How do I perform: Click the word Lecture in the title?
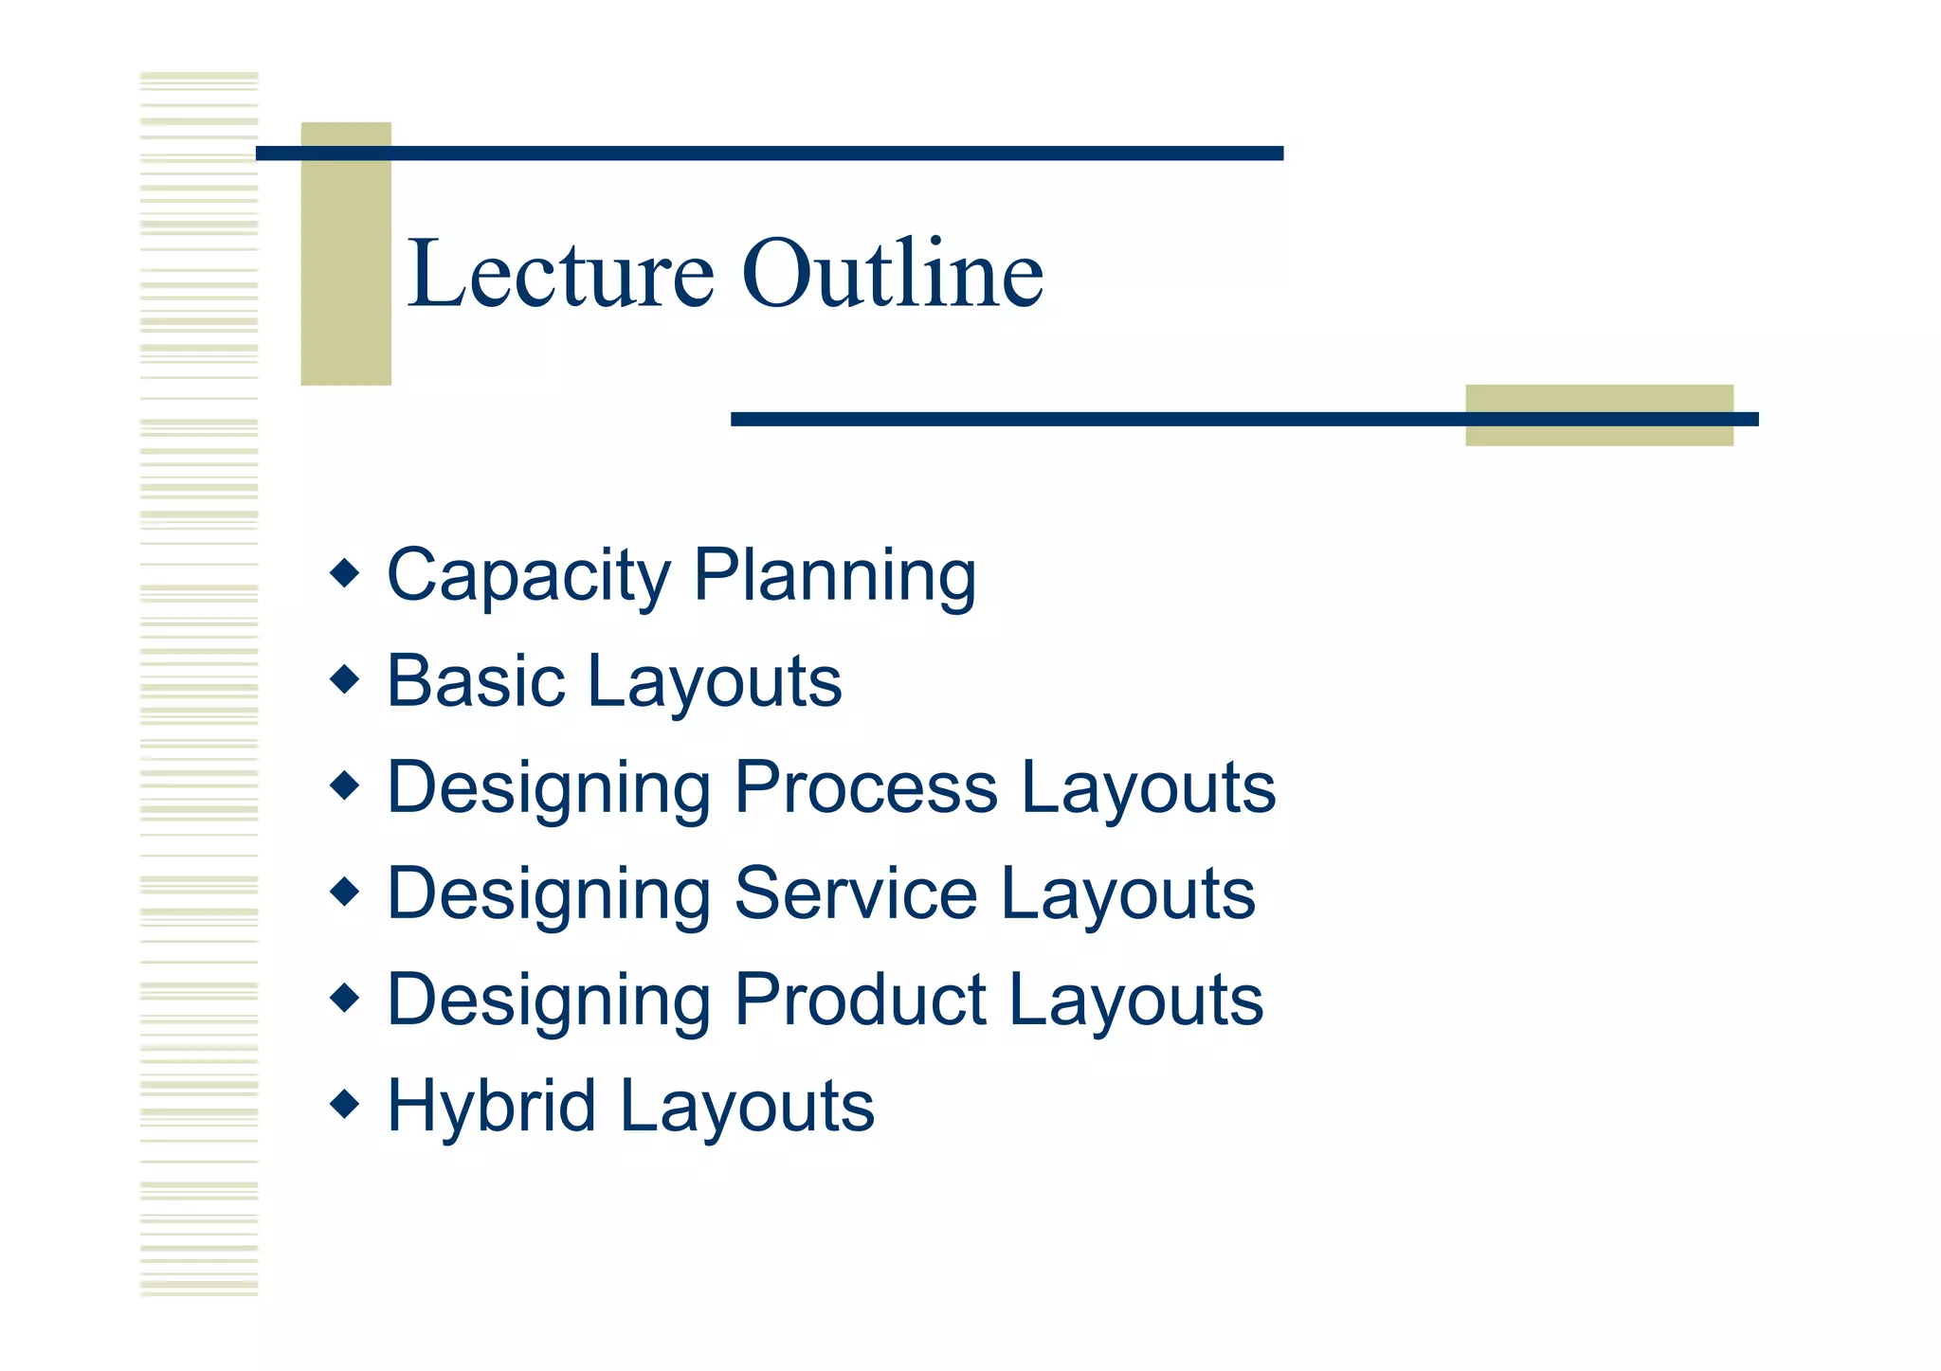[560, 275]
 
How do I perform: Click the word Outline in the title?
[892, 275]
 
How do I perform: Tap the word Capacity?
[529, 575]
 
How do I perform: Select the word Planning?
[835, 575]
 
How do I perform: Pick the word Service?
[856, 893]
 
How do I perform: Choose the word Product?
[860, 1000]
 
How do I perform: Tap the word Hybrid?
[491, 1106]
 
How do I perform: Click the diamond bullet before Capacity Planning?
[345, 572]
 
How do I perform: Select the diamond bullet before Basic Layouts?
[345, 678]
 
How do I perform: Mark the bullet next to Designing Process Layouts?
[345, 785]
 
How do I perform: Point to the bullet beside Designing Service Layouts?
[345, 891]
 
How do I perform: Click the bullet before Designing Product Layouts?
[345, 997]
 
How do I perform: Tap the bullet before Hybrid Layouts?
[345, 1103]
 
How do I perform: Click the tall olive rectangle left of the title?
[346, 254]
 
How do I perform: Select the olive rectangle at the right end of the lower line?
[1599, 416]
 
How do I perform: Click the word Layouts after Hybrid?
[748, 1106]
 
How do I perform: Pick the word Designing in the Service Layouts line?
[550, 893]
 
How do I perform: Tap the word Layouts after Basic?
[715, 681]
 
